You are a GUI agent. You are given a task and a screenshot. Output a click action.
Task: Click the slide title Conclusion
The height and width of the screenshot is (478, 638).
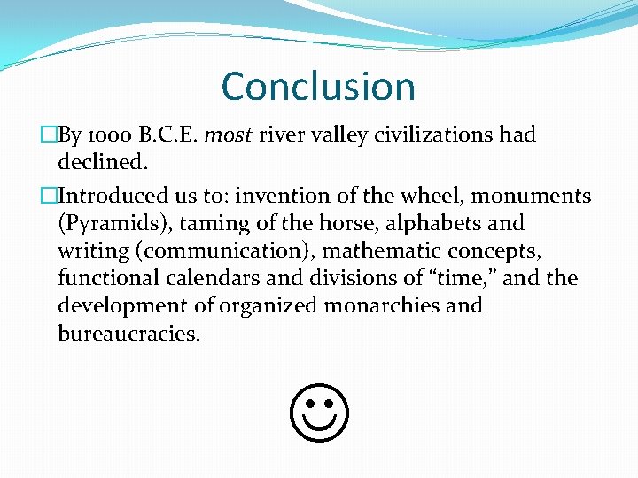click(x=318, y=87)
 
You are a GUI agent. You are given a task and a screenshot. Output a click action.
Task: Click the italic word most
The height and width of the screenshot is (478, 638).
click(x=228, y=135)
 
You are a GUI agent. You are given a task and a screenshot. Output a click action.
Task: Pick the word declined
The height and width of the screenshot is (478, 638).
click(x=101, y=163)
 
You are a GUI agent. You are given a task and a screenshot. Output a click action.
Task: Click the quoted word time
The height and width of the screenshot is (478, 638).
click(x=461, y=278)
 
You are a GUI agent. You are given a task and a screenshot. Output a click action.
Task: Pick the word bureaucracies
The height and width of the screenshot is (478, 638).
click(x=129, y=334)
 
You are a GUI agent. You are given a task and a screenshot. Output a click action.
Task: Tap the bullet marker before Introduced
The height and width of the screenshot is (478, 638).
click(x=48, y=196)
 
